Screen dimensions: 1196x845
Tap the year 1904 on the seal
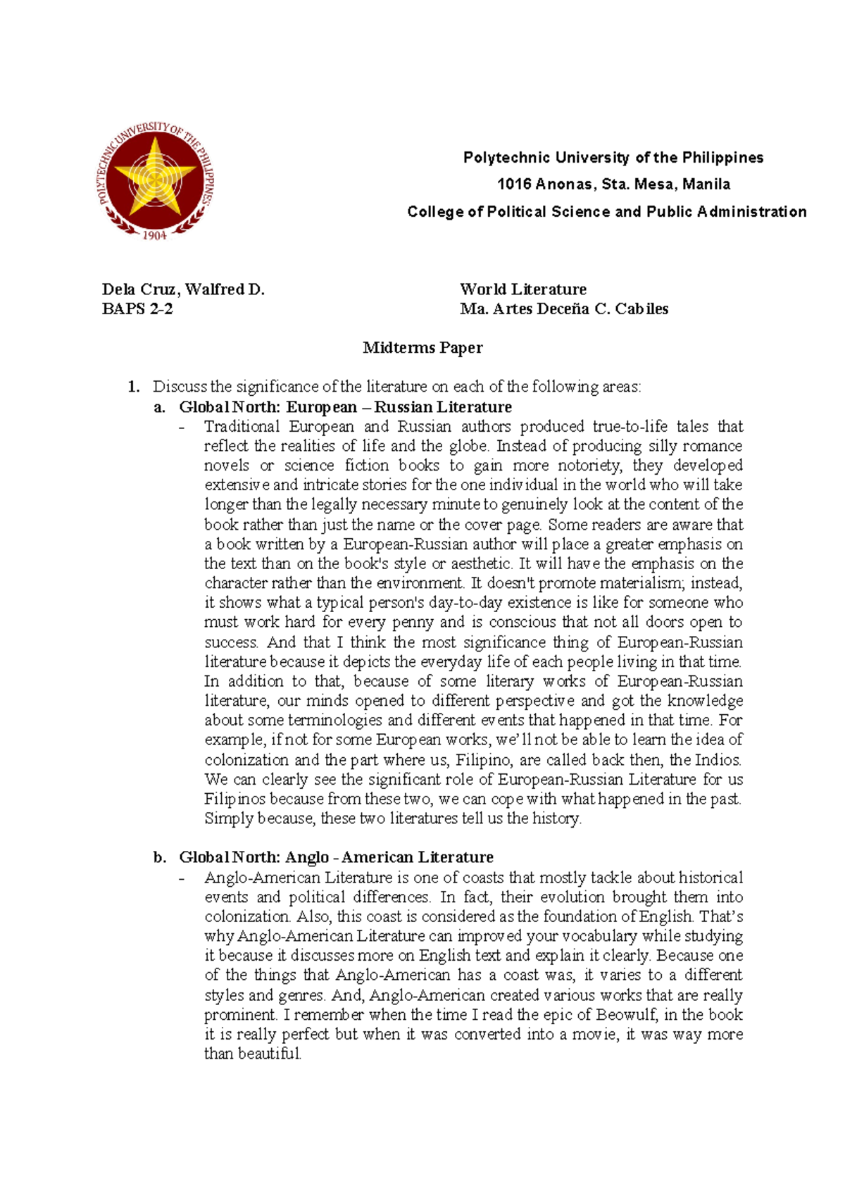[x=154, y=235]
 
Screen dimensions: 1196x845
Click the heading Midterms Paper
[x=423, y=348]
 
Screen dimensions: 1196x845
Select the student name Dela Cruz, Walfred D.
[x=183, y=289]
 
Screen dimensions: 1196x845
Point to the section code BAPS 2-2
[x=137, y=309]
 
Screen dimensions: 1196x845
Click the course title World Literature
[x=523, y=289]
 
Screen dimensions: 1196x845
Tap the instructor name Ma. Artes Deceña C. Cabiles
[x=564, y=309]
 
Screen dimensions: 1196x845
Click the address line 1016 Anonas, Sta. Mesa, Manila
[x=613, y=185]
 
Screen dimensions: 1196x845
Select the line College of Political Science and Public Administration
[x=607, y=212]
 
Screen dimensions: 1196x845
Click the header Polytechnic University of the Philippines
[x=613, y=158]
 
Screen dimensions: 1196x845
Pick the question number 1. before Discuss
[x=133, y=387]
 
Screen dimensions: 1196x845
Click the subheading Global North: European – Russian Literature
[x=345, y=407]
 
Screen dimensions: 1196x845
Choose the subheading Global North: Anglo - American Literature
[x=336, y=857]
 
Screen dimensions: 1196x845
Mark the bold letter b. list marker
[x=160, y=857]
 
